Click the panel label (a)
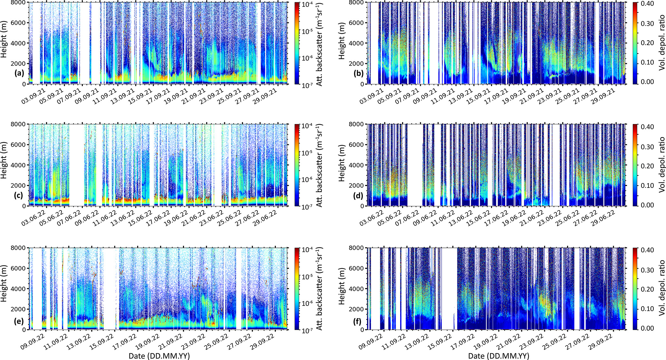pos(19,73)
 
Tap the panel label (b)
pos(359,73)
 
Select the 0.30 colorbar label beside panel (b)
pos(647,24)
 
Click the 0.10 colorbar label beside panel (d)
pos(647,185)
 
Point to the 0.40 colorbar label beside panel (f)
pos(647,250)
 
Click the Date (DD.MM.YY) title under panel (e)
pos(159,356)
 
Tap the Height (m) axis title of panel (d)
pos(342,164)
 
